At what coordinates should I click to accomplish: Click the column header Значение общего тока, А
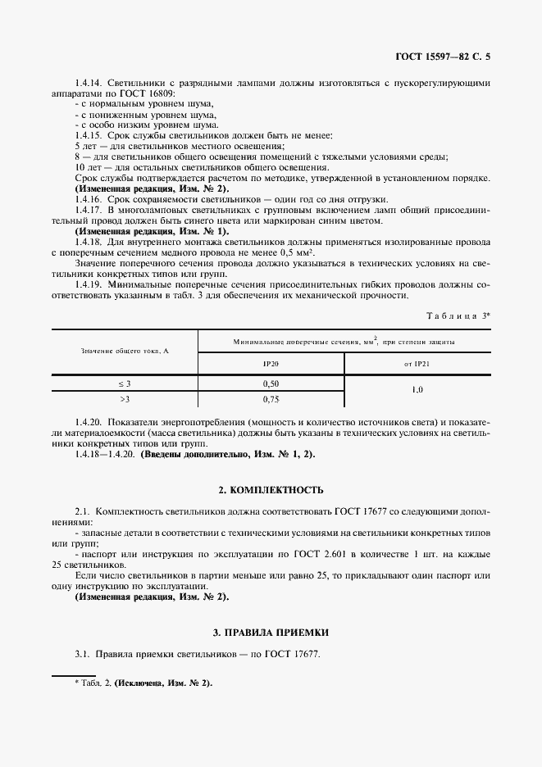pyautogui.click(x=125, y=351)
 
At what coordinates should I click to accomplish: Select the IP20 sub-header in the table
pyautogui.click(x=271, y=361)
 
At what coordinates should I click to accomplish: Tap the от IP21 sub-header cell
pyautogui.click(x=417, y=361)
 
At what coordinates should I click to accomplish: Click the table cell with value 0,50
pyautogui.click(x=271, y=383)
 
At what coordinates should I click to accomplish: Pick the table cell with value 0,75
pyautogui.click(x=271, y=399)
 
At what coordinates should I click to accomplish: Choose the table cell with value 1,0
pyautogui.click(x=417, y=391)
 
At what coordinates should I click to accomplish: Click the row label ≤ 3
pyautogui.click(x=125, y=383)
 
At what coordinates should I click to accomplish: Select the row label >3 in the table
pyautogui.click(x=125, y=399)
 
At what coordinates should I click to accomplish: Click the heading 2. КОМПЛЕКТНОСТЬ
pyautogui.click(x=271, y=490)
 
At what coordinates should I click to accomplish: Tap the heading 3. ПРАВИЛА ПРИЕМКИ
pyautogui.click(x=271, y=633)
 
